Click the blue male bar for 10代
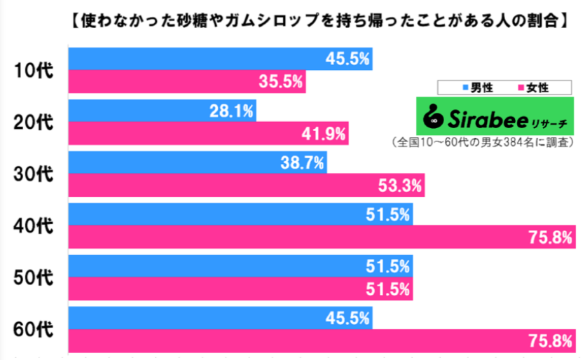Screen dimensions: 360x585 tap(220, 59)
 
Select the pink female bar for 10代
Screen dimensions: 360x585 tap(187, 82)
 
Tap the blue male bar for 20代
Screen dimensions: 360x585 tap(163, 111)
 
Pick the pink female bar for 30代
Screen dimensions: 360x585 tap(246, 186)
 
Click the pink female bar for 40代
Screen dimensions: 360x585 tap(322, 237)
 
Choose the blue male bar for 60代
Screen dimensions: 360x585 tap(220, 318)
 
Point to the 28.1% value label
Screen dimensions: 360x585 tap(231, 111)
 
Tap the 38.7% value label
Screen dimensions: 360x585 tap(302, 163)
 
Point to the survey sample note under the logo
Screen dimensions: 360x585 tap(483, 141)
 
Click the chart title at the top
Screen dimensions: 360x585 tap(319, 20)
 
